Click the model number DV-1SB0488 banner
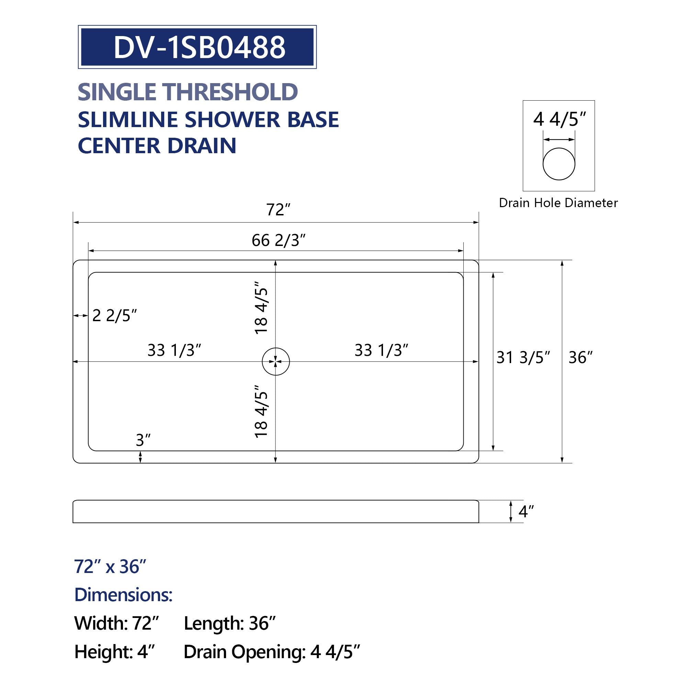(198, 47)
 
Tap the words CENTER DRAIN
(157, 146)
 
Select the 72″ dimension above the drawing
(279, 210)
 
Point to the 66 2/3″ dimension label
(279, 241)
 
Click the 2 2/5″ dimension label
(114, 316)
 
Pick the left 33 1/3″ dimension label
(174, 350)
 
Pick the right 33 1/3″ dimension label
(381, 350)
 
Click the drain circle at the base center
(276, 362)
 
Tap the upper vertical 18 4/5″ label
(261, 308)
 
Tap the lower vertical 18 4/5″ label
(261, 411)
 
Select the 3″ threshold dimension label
(143, 440)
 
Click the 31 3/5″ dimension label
(523, 357)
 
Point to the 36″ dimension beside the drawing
(580, 357)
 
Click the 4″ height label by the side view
(526, 512)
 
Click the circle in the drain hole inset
(559, 164)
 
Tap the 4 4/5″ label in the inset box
(559, 120)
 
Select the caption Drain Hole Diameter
(558, 203)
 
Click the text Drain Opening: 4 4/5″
(272, 652)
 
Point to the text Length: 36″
(230, 623)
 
